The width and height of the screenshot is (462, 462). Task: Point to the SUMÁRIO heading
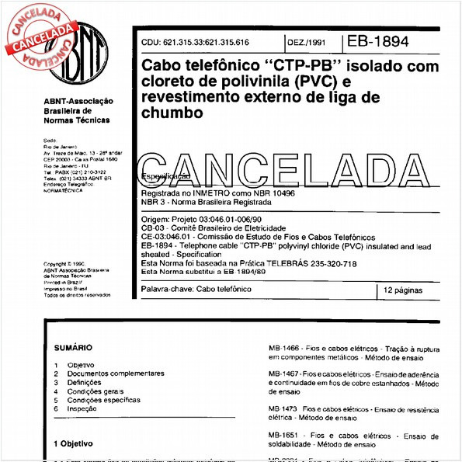pos(73,348)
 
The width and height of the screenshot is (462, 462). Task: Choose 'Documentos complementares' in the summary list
pos(116,373)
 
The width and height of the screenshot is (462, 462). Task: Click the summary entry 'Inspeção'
pos(82,408)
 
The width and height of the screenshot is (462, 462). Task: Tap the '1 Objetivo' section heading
pos(73,444)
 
